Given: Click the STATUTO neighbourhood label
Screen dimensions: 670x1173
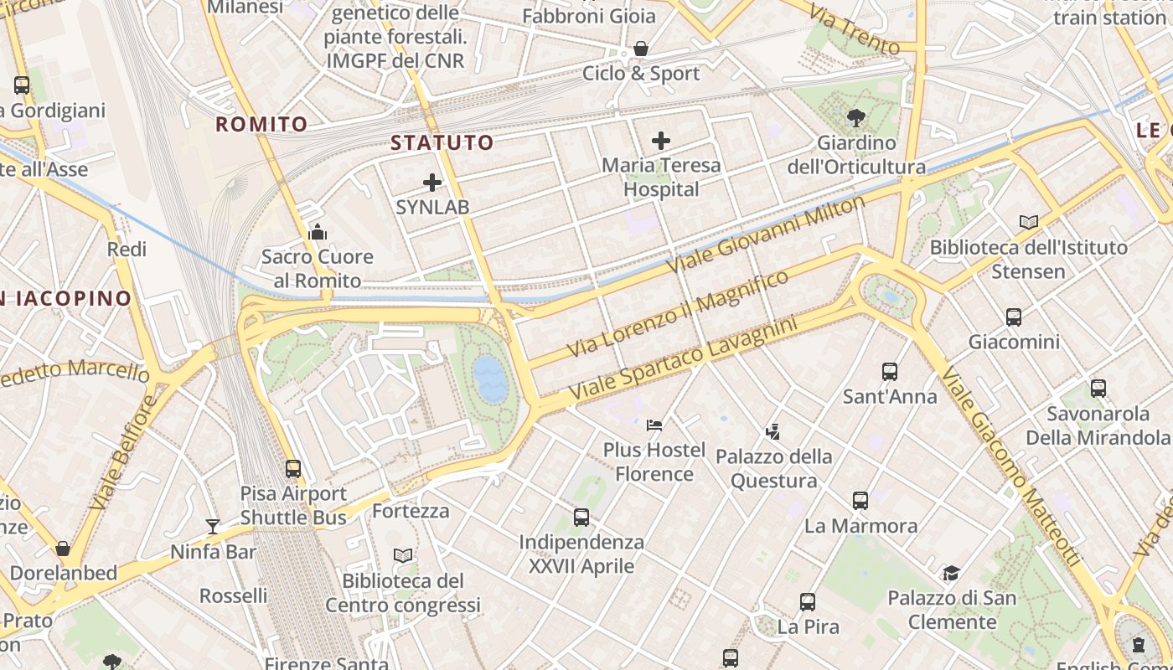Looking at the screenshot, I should (x=442, y=142).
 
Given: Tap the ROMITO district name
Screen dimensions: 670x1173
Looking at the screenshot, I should (x=261, y=125).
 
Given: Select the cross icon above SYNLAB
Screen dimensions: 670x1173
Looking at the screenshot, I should (x=432, y=183).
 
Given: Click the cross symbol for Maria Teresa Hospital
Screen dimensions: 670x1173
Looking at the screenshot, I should (x=661, y=140).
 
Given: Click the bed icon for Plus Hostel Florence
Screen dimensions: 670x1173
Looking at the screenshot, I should (x=655, y=425).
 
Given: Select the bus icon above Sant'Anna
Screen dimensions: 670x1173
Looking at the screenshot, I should (x=890, y=371).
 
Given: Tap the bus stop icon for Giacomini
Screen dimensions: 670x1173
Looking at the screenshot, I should (x=1014, y=317).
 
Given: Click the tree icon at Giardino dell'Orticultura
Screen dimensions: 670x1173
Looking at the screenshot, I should (x=855, y=117).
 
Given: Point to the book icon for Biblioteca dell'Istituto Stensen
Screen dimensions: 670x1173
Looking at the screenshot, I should (x=1029, y=222).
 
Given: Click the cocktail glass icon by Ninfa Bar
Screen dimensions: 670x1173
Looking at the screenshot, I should (x=213, y=526).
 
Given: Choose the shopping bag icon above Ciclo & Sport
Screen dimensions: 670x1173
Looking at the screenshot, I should (x=641, y=49).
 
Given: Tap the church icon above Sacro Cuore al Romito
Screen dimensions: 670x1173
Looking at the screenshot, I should (x=318, y=232).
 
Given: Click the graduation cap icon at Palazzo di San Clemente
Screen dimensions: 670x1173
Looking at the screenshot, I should (x=951, y=573).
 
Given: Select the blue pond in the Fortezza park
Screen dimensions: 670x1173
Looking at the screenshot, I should (x=490, y=379).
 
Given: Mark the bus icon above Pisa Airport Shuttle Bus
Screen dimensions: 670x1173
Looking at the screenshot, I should (x=293, y=468).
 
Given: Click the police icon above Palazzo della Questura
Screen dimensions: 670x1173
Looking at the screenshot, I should (x=773, y=432).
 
